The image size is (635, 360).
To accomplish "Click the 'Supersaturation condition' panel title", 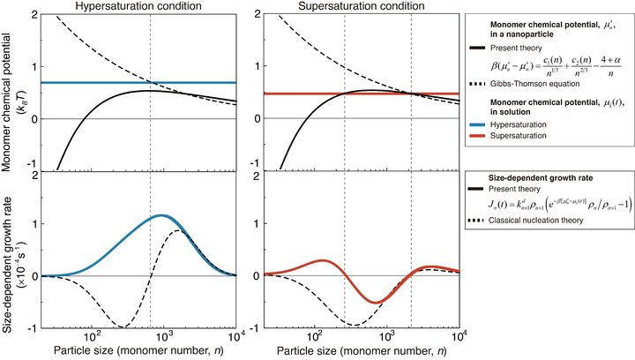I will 357,7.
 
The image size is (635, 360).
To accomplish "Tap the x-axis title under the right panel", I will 357,350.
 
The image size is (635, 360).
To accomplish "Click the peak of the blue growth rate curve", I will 161,215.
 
